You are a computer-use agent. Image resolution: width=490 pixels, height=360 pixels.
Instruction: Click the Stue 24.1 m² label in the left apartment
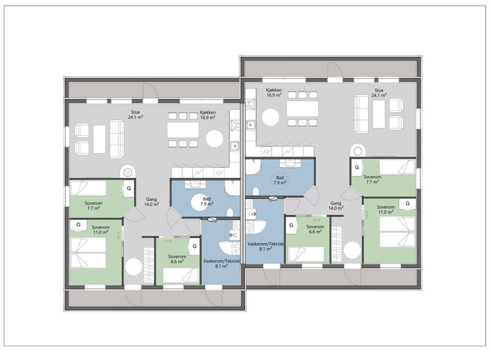click(135, 114)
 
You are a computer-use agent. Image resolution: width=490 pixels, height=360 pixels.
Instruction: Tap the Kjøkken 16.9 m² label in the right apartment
click(274, 92)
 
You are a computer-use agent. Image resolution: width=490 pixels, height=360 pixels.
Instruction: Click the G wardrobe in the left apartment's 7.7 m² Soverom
click(129, 189)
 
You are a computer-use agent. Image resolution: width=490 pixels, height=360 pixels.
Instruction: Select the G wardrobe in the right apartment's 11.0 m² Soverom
click(407, 204)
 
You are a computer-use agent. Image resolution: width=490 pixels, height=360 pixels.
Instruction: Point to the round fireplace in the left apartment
click(127, 172)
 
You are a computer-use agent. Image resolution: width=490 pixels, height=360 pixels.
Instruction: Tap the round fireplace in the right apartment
click(358, 151)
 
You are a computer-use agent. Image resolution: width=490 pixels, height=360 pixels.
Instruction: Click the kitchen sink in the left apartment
click(235, 146)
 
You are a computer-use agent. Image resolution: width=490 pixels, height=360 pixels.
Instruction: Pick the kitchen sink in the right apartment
click(251, 125)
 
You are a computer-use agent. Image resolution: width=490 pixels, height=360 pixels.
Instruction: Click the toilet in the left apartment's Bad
click(230, 212)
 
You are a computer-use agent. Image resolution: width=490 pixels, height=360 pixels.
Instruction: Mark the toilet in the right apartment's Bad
click(255, 191)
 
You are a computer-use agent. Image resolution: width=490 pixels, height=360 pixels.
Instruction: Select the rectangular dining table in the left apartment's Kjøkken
click(183, 130)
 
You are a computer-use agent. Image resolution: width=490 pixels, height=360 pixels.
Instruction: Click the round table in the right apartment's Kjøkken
click(270, 117)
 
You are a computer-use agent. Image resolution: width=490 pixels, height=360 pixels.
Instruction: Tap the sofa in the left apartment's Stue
click(117, 139)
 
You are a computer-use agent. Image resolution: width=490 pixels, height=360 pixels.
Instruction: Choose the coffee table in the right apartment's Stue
click(379, 114)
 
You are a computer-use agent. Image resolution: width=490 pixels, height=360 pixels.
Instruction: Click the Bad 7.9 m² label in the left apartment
click(207, 201)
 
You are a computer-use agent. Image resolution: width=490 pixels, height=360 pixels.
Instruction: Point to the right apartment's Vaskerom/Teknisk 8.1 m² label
click(265, 246)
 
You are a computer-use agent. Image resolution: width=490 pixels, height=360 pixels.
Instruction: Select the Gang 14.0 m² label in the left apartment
click(151, 201)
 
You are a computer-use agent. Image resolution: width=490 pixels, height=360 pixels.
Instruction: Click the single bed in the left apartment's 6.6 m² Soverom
click(181, 276)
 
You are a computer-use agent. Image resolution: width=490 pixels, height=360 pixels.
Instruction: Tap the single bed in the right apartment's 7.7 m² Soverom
click(397, 167)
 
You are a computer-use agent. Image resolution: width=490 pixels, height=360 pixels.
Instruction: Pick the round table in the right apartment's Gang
click(352, 250)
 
